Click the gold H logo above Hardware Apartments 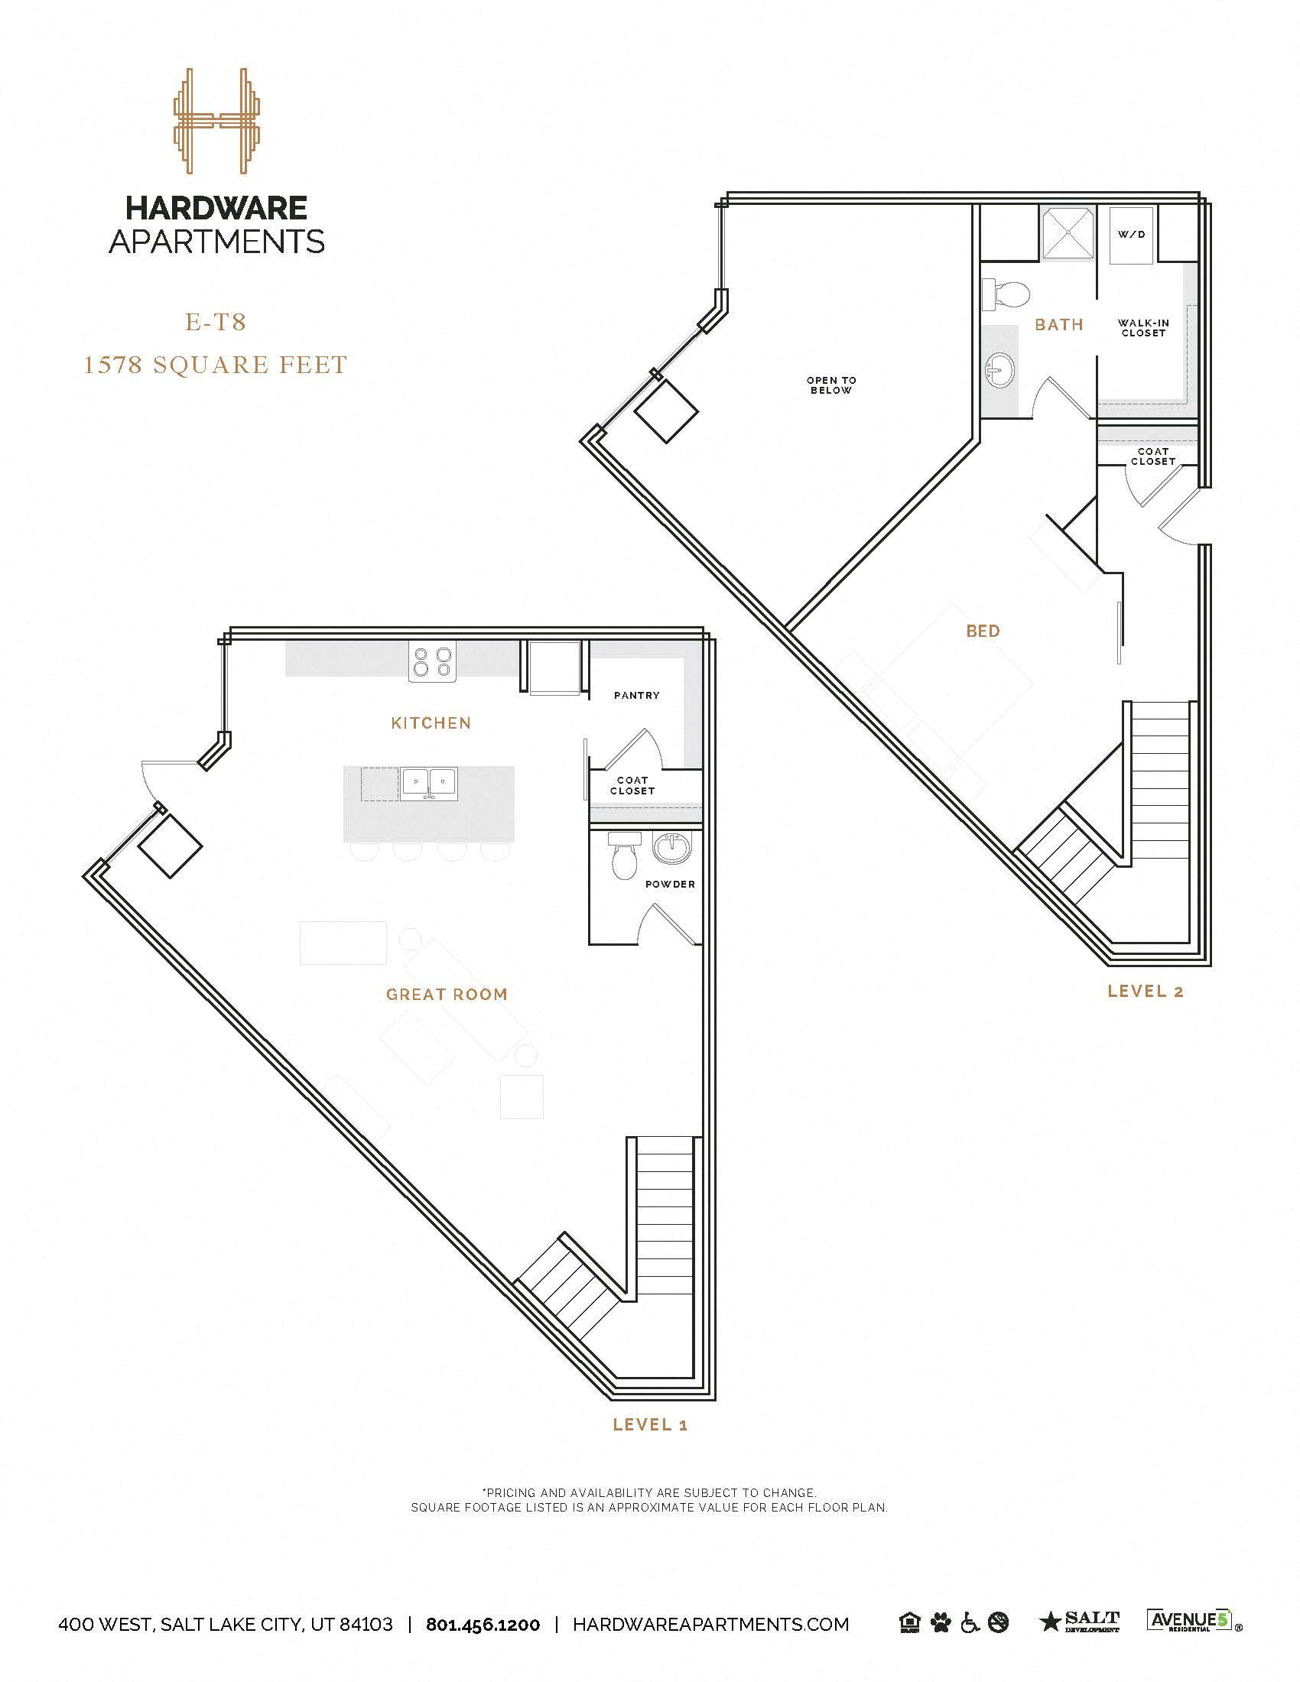tap(216, 121)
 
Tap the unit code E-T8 tap(216, 322)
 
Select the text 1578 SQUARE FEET tap(216, 364)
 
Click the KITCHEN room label tap(431, 722)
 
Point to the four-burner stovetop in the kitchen tap(432, 661)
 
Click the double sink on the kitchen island tap(429, 783)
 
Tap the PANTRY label tap(637, 696)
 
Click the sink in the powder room tap(672, 849)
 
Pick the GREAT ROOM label tap(447, 994)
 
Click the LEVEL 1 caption tap(650, 1425)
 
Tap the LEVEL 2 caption tap(1146, 991)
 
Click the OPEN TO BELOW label tap(831, 385)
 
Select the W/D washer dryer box tap(1131, 235)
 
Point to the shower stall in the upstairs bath tap(1068, 232)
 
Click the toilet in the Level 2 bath tap(1008, 294)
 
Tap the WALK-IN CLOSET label tap(1144, 328)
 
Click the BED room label tap(983, 631)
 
